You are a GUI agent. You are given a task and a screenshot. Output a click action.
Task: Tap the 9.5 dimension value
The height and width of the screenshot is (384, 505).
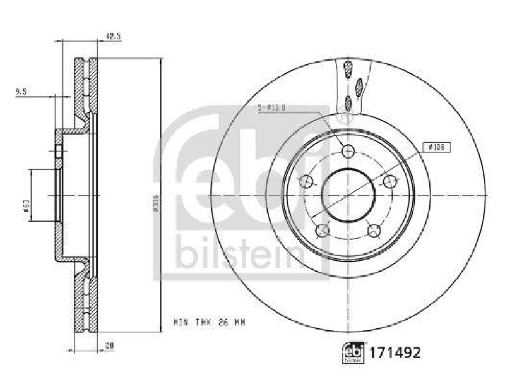[x=21, y=92]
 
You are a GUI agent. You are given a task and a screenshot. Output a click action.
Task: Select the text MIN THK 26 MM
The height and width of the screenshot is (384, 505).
[x=209, y=322]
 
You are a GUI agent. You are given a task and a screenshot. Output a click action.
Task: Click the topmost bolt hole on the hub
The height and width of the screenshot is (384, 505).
[x=348, y=150]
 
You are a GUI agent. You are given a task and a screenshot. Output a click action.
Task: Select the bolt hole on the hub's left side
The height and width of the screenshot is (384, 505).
[x=307, y=182]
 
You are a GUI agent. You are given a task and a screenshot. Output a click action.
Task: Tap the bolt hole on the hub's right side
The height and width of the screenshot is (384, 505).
[x=390, y=182]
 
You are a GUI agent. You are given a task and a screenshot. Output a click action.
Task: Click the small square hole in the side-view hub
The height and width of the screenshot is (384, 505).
[x=59, y=152]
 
